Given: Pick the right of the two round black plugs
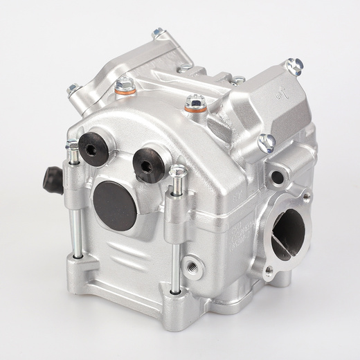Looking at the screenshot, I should pos(145,164).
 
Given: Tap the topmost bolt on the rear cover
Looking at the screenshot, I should pos(158,33).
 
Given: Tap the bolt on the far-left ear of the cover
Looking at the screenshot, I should pos(72,89).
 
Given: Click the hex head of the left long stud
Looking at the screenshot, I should pos(71,147).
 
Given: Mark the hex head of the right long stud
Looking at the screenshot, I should pos(177,170).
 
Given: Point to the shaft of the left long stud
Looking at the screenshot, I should pos(74,208).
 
